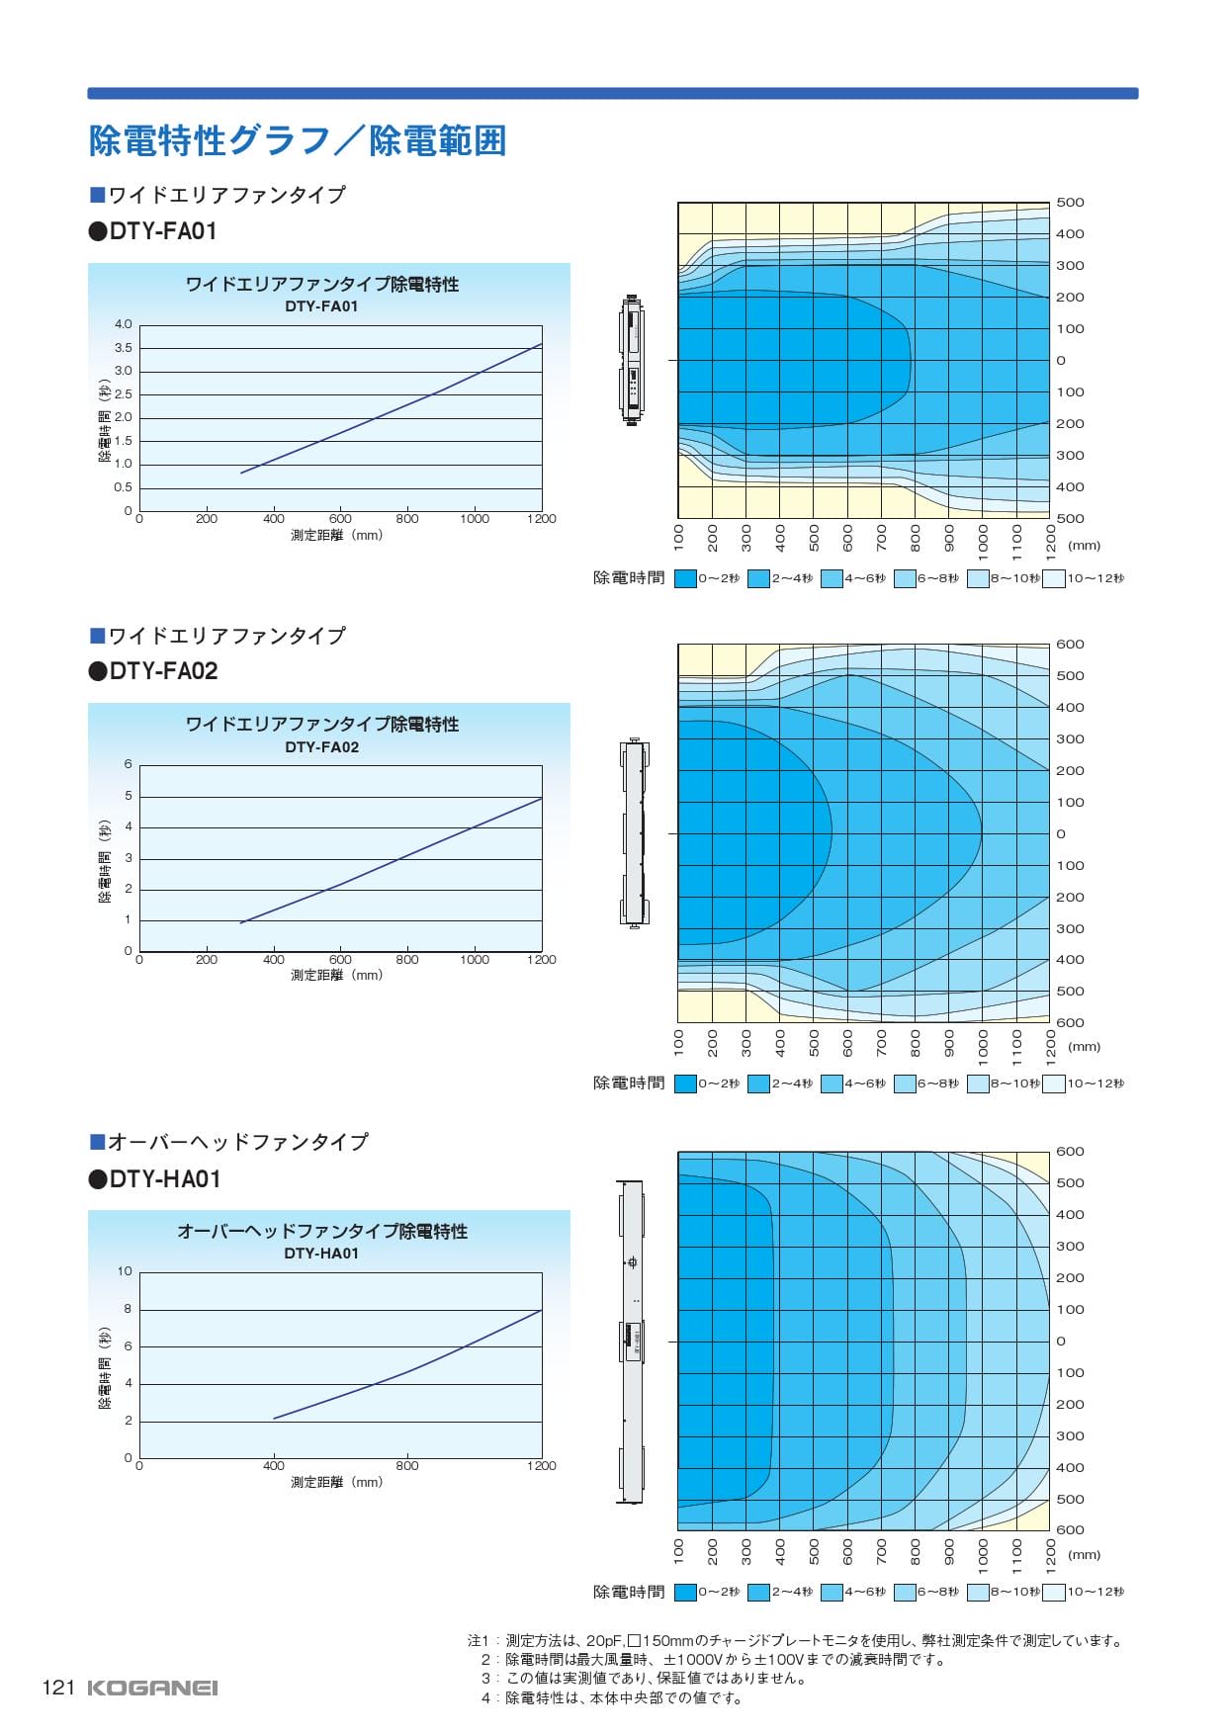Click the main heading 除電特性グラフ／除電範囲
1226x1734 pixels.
click(x=298, y=140)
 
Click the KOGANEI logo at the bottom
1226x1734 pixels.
click(x=151, y=1688)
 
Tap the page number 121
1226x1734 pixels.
click(x=58, y=1688)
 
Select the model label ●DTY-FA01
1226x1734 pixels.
click(x=153, y=231)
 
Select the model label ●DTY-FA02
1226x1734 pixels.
click(x=153, y=671)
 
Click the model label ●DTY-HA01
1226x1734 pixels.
click(x=155, y=1179)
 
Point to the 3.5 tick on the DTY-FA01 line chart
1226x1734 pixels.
click(x=123, y=348)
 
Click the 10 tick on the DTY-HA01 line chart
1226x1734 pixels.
click(x=125, y=1271)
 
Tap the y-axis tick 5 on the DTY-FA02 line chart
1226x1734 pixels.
click(x=129, y=796)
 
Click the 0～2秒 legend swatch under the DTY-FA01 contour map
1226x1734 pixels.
click(x=685, y=578)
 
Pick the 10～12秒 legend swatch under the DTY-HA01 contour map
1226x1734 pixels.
click(x=1053, y=1592)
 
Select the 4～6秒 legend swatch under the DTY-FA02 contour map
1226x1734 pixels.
click(x=832, y=1084)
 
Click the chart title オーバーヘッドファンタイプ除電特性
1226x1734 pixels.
click(x=322, y=1232)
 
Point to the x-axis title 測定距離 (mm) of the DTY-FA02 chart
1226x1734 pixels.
click(x=336, y=975)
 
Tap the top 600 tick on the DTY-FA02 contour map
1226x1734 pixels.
click(x=1070, y=645)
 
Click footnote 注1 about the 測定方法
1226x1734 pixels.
click(x=796, y=1641)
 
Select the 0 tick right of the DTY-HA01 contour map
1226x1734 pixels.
click(x=1061, y=1342)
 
